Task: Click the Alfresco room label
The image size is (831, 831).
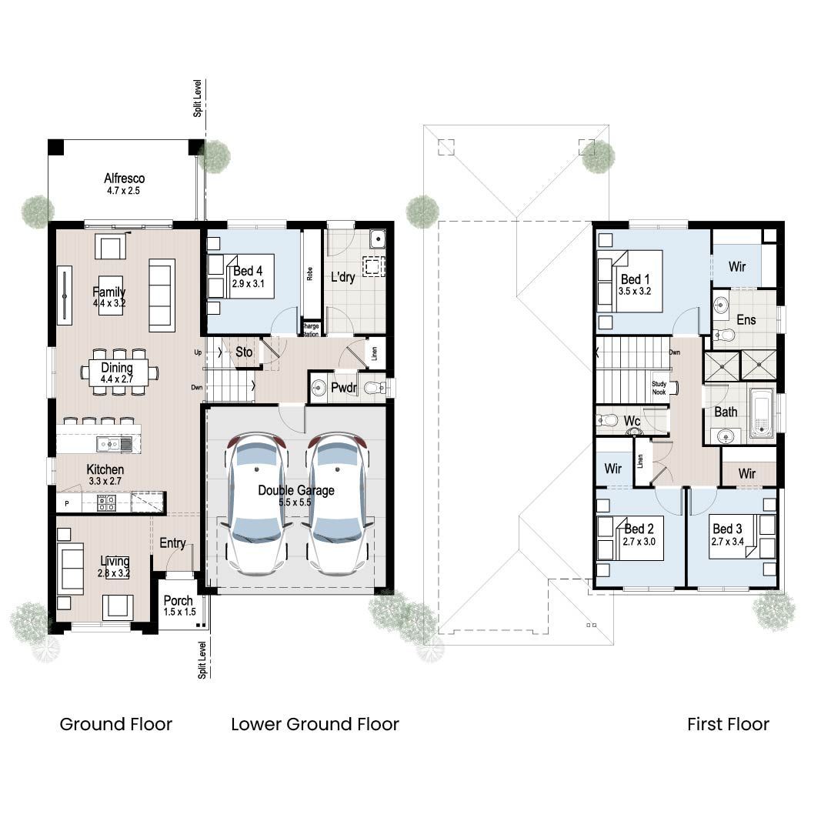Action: pos(124,179)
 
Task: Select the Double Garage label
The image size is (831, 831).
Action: pos(296,490)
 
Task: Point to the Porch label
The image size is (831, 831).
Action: pos(179,600)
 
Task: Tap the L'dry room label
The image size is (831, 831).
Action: pos(342,277)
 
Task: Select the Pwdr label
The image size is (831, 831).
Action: pos(343,389)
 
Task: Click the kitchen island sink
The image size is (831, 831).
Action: pos(112,444)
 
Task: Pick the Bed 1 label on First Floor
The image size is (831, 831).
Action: pos(636,279)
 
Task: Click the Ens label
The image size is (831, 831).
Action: pos(746,319)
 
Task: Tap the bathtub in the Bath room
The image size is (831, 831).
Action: pos(761,413)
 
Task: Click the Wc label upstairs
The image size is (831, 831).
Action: pos(632,422)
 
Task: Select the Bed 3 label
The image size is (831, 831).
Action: pos(727,529)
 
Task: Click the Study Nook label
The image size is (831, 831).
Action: pos(659,387)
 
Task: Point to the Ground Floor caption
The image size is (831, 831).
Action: pos(116,724)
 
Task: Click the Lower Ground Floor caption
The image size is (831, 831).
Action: pos(315,724)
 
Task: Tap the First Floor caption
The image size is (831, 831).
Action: pos(728,724)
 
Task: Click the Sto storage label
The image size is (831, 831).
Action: pos(244,352)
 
